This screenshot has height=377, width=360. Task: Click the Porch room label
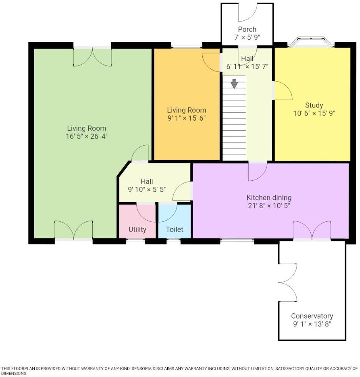coord(247,29)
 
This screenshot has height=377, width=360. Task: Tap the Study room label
coord(314,105)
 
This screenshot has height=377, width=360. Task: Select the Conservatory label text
coord(312,316)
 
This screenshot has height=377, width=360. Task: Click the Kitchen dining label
coord(269,198)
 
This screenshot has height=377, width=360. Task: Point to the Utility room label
coord(137,229)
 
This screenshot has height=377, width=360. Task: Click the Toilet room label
coord(174,229)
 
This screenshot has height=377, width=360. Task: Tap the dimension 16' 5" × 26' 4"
coord(87,136)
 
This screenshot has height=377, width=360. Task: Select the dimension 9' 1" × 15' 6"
coord(187,118)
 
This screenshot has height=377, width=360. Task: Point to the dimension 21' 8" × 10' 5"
coord(269,206)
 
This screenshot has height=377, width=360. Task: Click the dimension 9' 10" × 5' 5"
coord(147,189)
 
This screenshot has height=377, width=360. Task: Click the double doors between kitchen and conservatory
coord(312,231)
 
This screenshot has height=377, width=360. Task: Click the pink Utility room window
coord(136,241)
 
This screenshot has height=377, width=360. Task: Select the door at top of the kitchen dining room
coord(257,171)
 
